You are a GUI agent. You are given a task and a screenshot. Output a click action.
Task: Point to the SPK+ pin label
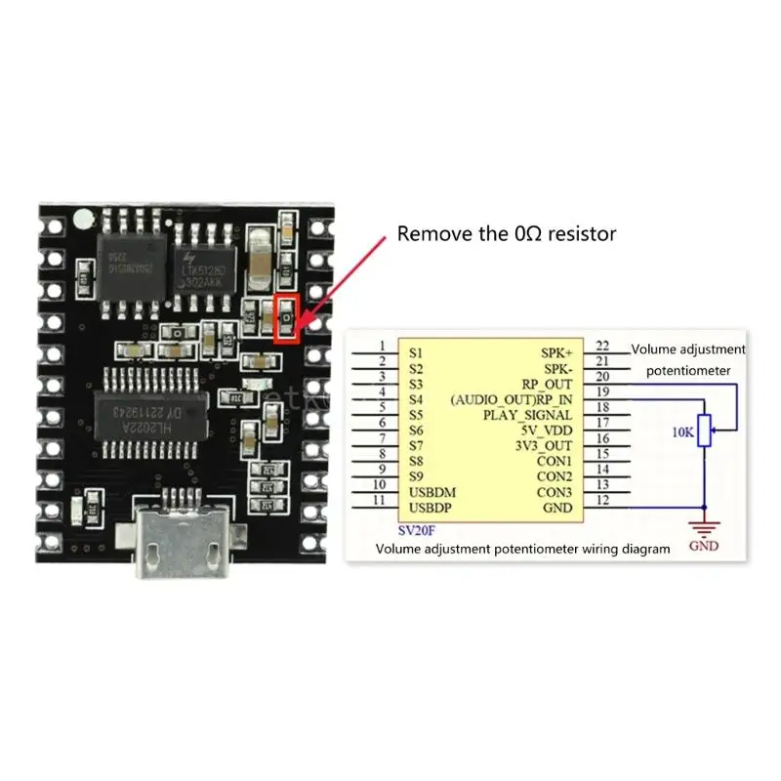coord(557,350)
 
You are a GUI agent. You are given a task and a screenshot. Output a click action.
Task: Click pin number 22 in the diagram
coord(601,346)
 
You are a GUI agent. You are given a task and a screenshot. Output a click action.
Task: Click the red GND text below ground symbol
coord(703,546)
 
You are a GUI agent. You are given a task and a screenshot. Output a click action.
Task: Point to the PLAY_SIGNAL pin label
coord(528,415)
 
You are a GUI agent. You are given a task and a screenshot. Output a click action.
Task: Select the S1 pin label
coord(417,350)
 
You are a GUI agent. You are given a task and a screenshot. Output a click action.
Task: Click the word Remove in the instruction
coord(428,234)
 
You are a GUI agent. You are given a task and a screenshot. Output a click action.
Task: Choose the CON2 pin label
coord(555,476)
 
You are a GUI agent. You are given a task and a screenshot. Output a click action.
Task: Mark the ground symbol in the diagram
coord(703,526)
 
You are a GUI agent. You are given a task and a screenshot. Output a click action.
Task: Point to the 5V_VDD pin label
coord(546,431)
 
